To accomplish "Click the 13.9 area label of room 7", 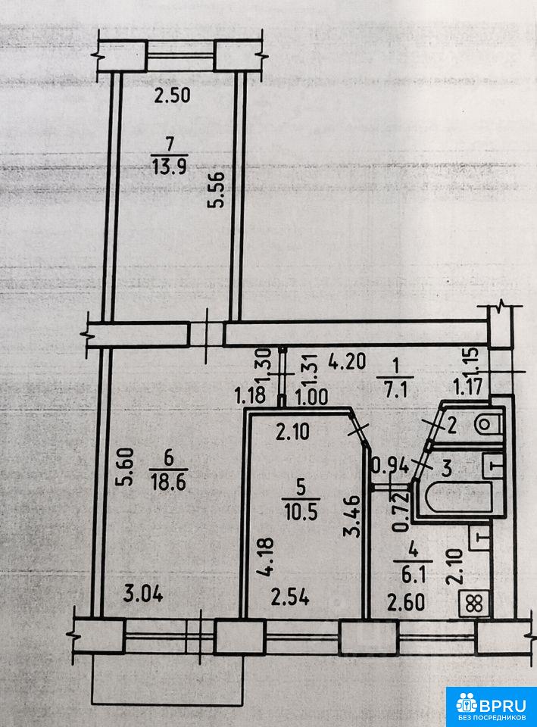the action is tap(169, 167).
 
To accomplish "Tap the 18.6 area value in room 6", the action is tap(168, 482).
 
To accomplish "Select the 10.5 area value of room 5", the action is tap(301, 513).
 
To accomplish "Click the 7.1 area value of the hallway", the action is tap(395, 392).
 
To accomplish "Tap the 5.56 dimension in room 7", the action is tap(217, 189).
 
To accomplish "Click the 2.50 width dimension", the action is tap(172, 95).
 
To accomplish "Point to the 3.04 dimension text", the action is tap(143, 594).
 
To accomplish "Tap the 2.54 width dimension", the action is tap(290, 598).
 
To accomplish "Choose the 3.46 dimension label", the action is tap(351, 516).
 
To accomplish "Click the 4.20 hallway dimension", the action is tap(348, 361).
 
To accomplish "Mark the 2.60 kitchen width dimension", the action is tap(406, 602).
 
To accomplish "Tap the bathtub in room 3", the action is tap(459, 498).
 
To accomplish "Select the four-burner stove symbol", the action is tap(474, 604).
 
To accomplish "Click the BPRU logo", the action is tap(492, 706).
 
